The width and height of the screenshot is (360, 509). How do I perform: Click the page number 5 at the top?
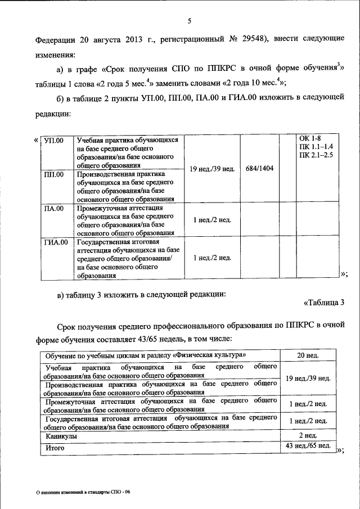coord(190,21)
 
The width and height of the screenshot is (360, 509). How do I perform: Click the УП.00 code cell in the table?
coord(55,139)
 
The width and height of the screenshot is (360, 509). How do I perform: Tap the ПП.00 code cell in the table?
coord(54,175)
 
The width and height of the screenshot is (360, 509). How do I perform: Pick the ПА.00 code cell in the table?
coord(54,208)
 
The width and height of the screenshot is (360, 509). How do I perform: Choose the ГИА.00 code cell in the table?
coord(56,242)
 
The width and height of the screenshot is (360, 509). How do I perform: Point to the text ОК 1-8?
coord(309,138)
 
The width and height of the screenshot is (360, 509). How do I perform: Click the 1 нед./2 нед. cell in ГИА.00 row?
coord(212,258)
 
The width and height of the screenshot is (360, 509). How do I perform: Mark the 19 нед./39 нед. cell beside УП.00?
coord(212,168)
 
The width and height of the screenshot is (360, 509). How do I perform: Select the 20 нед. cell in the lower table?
coord(308,355)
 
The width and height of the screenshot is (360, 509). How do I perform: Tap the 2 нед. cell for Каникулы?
coord(308,436)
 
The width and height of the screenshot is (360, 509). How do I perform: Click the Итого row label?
coord(55,448)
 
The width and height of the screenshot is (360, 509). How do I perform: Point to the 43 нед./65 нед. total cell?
coord(308,446)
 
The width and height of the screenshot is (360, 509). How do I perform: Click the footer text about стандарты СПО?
coord(83,492)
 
